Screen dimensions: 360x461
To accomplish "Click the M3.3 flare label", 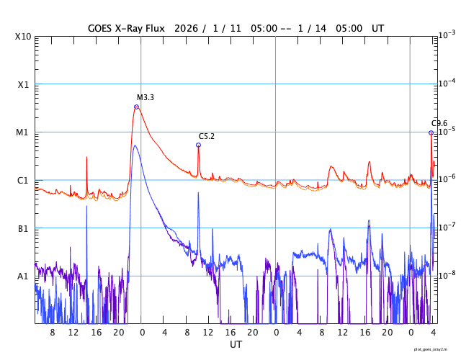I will (146, 97).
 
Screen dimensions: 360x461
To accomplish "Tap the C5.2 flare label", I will (207, 136).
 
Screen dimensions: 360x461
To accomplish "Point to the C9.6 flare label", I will (439, 124).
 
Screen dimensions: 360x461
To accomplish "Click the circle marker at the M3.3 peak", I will (136, 107).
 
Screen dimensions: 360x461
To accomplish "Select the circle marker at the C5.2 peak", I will (198, 145).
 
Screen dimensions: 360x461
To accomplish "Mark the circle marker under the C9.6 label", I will (431, 132).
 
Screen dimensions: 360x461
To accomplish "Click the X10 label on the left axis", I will (22, 36).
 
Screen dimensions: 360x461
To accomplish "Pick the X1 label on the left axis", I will (23, 84).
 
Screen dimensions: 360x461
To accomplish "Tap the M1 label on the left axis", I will (23, 132).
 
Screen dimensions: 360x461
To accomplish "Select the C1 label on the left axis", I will (23, 180).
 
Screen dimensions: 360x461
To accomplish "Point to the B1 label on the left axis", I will (23, 228).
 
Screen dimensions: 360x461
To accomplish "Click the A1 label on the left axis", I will (23, 276).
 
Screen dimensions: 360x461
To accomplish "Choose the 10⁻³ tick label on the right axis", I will (447, 35).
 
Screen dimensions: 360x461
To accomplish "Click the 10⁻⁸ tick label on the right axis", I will (447, 275).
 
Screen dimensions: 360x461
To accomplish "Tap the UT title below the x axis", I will (236, 345).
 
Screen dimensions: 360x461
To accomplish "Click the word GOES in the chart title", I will (102, 28).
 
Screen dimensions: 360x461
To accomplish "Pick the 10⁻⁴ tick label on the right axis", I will (447, 83).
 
